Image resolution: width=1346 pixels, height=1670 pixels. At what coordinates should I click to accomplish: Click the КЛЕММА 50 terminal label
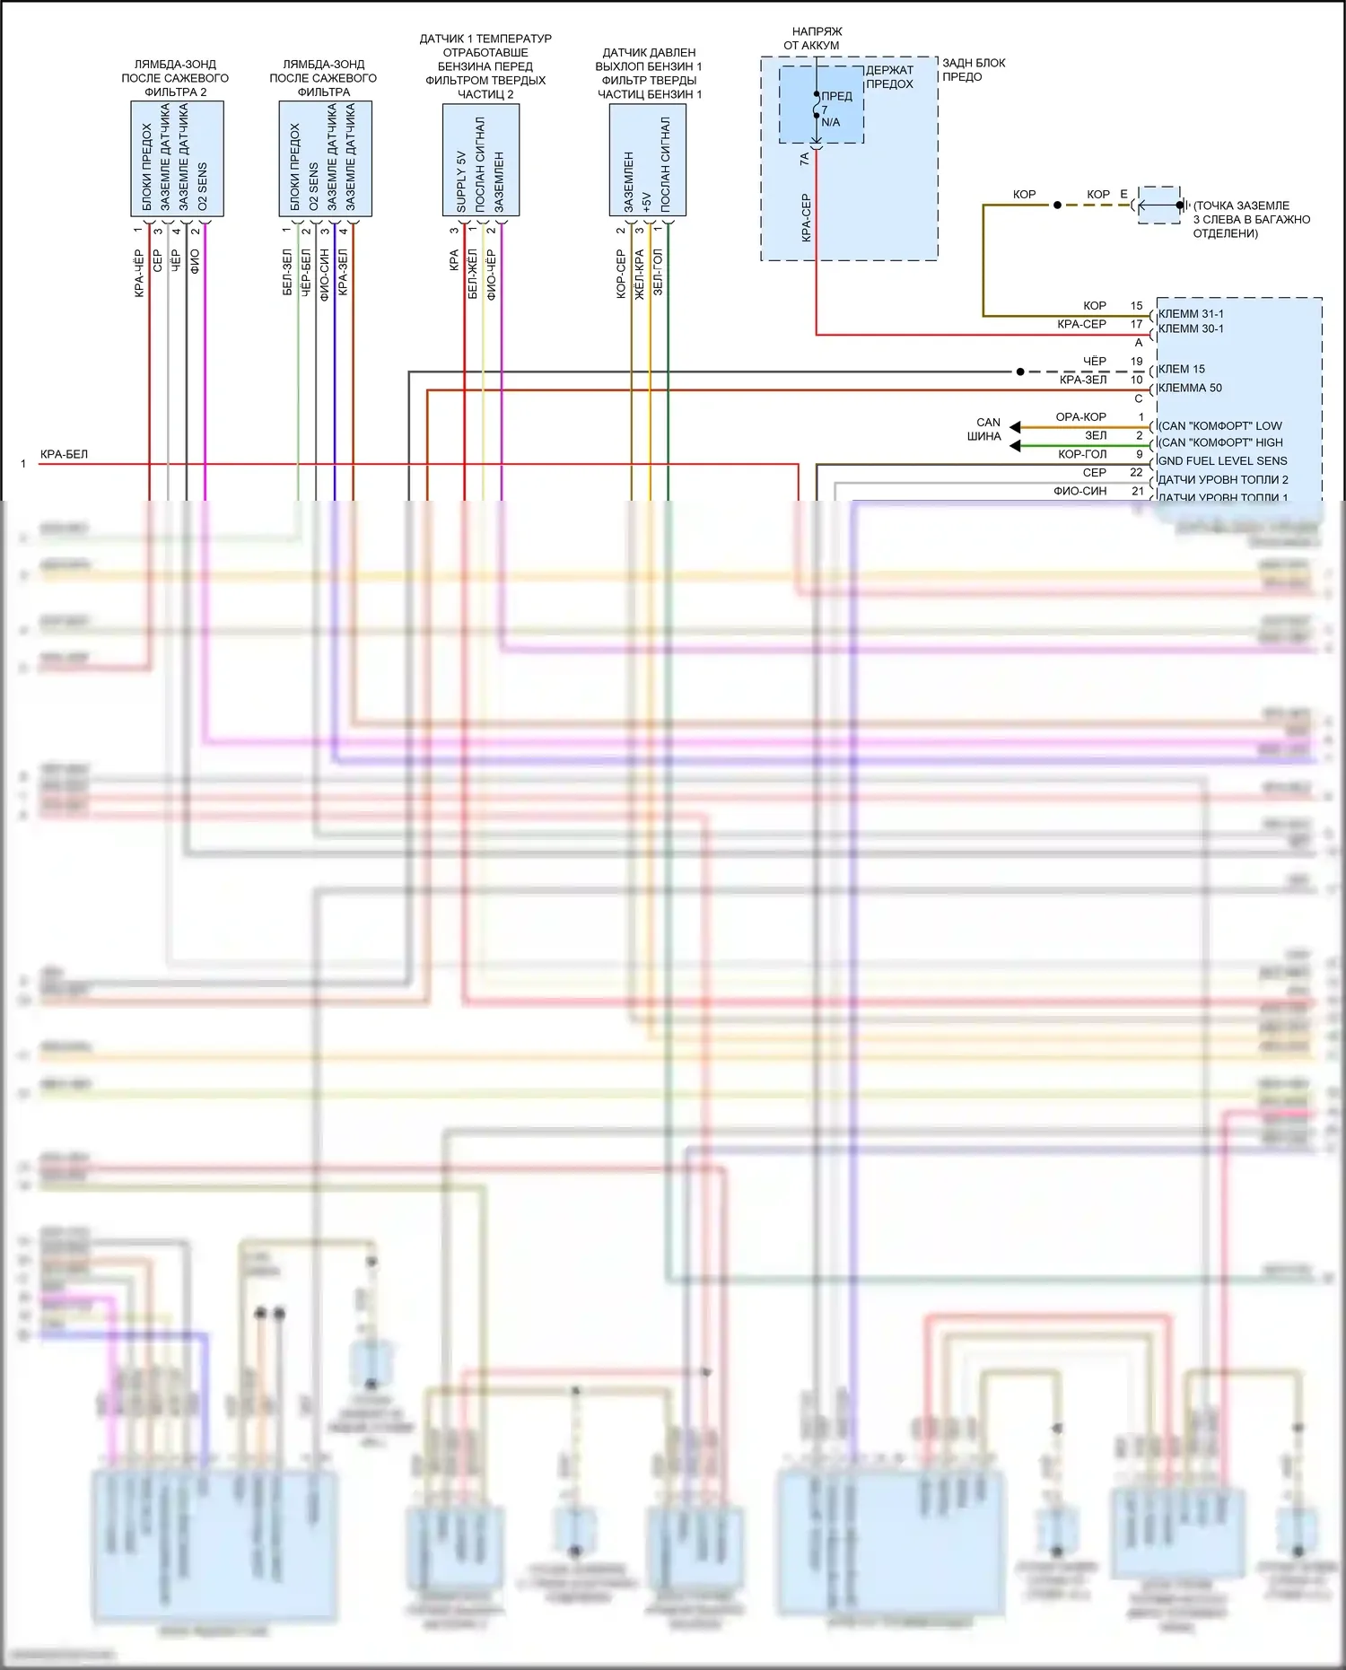[1190, 389]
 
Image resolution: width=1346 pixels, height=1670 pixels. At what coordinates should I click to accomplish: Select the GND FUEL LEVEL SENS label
[1222, 461]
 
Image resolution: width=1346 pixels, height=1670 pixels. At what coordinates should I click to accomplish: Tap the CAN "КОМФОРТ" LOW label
[1220, 426]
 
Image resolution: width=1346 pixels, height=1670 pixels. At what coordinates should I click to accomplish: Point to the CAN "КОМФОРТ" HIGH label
[1220, 442]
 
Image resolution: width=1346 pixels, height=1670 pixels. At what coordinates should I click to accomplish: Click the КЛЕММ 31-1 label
[1191, 314]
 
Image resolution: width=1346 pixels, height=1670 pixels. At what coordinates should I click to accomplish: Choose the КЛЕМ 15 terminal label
[1182, 370]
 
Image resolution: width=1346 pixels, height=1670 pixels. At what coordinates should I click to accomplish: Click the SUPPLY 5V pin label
[461, 181]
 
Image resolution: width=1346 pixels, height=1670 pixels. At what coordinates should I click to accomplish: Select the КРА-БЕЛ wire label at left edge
[64, 455]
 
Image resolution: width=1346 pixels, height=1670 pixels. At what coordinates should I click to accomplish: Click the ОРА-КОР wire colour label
[1080, 417]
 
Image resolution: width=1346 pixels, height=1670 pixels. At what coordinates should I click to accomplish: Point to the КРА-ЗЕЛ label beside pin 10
[1082, 380]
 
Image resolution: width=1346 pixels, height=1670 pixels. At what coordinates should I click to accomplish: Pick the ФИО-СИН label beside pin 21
[1079, 492]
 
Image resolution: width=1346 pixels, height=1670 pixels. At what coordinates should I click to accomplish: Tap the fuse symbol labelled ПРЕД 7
[817, 107]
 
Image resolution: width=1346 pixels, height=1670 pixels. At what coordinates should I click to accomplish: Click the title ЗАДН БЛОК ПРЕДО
[973, 70]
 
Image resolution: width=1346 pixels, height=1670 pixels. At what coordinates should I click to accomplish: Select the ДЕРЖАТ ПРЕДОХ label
[889, 77]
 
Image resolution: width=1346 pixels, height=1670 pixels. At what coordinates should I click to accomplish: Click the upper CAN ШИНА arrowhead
[1015, 427]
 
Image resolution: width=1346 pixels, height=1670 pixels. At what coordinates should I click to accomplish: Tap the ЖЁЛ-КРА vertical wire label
[639, 274]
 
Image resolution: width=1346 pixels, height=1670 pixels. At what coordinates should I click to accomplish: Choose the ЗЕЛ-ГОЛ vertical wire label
[658, 273]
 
